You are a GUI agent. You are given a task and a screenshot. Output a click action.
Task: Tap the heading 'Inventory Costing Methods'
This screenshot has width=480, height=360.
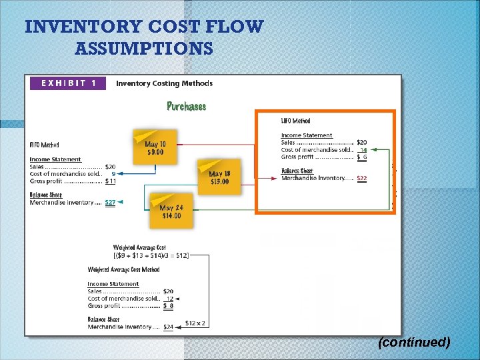tap(164, 83)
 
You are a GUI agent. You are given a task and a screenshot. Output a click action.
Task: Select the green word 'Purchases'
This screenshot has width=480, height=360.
tap(186, 106)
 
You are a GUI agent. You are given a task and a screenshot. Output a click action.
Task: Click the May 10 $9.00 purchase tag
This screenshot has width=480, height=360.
tap(155, 147)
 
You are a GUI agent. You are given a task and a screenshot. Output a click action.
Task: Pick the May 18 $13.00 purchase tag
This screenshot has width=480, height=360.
tap(219, 177)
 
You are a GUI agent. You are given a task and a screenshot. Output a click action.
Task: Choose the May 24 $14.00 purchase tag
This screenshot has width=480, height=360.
tap(171, 211)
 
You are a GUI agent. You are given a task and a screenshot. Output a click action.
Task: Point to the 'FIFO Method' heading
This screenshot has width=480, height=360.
tap(45, 145)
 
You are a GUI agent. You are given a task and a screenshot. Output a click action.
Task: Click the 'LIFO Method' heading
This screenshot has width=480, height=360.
tap(295, 121)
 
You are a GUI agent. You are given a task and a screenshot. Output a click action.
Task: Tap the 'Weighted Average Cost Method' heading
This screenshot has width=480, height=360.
tap(123, 270)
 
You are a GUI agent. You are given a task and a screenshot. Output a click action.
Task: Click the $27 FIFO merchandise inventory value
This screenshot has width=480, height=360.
tap(110, 202)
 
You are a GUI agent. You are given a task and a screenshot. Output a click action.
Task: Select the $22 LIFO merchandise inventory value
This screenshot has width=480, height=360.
tap(361, 178)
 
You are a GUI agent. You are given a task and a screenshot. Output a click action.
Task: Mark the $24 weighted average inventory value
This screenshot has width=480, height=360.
tap(168, 327)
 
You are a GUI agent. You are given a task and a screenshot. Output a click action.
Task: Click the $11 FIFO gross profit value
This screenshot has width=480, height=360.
tap(111, 181)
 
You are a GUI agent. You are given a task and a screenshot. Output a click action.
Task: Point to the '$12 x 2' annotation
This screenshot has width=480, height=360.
tap(195, 323)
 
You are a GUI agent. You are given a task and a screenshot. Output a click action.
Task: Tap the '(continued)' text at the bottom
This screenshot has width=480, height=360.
tap(413, 342)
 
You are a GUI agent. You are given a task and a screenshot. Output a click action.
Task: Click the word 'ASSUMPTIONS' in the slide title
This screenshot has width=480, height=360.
tap(144, 49)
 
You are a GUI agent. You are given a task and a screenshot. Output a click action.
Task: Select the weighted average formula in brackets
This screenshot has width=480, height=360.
tap(151, 255)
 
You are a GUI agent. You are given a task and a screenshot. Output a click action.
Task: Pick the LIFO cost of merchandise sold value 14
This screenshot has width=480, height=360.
tap(363, 150)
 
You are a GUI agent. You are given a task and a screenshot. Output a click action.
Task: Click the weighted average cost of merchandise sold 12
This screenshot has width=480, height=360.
tap(169, 299)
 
